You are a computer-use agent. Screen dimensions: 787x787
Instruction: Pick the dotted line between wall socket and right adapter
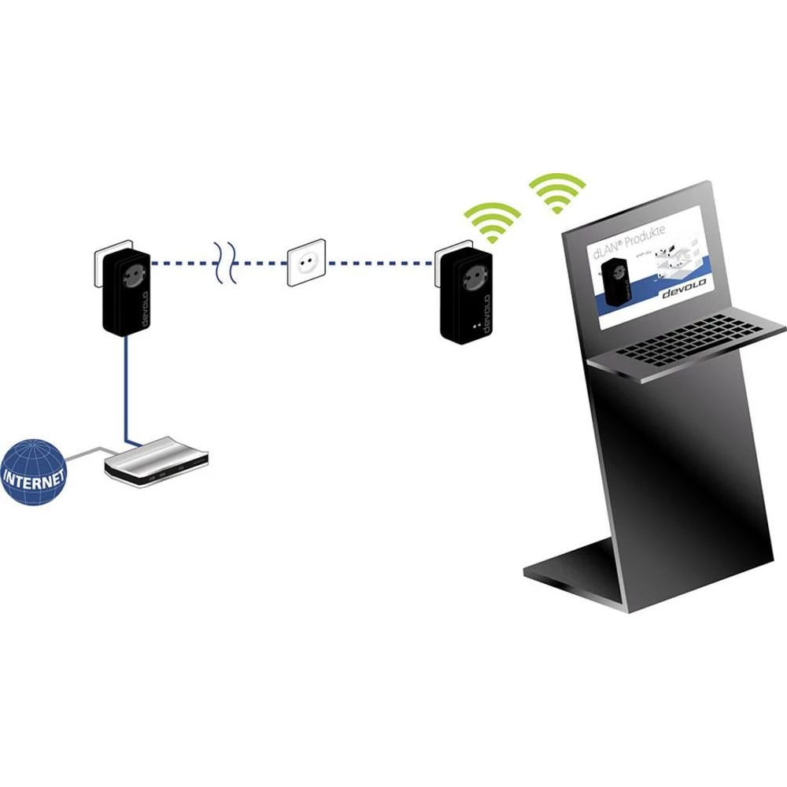point(378,262)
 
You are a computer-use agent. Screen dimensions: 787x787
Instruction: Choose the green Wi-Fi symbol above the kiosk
point(557,194)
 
